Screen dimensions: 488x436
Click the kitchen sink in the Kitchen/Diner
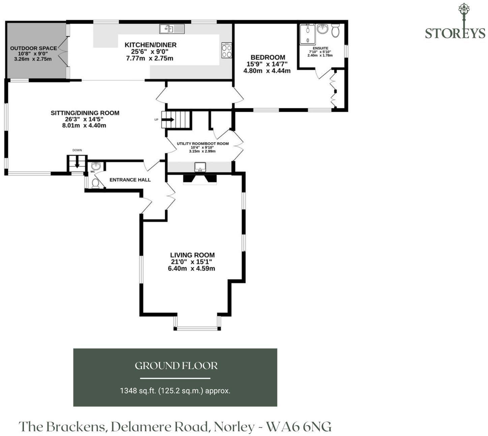[172, 29]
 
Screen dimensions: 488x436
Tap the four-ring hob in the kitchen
[226, 50]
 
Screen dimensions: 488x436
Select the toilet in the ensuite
[335, 30]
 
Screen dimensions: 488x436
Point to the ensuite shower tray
[308, 34]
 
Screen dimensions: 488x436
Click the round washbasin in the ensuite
[322, 29]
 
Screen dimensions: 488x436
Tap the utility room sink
[200, 167]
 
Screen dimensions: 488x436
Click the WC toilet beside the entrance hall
[95, 183]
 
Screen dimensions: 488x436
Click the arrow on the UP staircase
[170, 119]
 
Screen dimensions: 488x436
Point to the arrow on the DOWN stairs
[77, 162]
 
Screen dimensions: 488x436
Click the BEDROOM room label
[268, 57]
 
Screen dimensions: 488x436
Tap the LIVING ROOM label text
[192, 255]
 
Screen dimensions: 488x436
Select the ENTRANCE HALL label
[130, 180]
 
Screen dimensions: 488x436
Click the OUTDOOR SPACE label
[33, 48]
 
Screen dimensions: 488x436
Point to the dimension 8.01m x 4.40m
[84, 125]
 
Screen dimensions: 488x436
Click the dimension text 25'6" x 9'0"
[150, 51]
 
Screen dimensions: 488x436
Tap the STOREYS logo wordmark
[455, 33]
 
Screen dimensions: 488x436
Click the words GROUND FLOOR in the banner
[176, 366]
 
